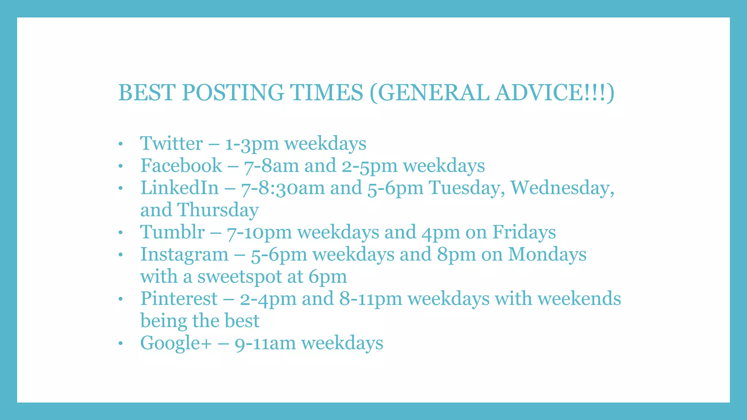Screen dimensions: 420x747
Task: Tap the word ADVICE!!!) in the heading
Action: tap(554, 93)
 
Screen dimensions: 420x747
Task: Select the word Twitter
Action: tap(171, 143)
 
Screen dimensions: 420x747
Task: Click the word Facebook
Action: tap(181, 166)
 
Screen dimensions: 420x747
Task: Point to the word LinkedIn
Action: tap(179, 188)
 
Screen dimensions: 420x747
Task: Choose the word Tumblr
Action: tap(172, 232)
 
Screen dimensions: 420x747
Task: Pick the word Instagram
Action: tap(184, 254)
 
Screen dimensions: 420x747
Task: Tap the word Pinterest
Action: tap(179, 299)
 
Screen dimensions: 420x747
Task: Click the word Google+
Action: tap(176, 343)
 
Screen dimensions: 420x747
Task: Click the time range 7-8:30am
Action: tap(283, 188)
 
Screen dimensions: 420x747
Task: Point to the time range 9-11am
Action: tap(265, 343)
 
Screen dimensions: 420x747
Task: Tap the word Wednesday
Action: tap(562, 188)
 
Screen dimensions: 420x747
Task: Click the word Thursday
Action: tap(218, 210)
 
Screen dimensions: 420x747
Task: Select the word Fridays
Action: tap(524, 232)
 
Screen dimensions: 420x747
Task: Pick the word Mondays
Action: tap(547, 254)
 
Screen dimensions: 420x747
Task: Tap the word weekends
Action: tap(579, 299)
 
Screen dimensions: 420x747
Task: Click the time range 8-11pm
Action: tap(371, 299)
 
